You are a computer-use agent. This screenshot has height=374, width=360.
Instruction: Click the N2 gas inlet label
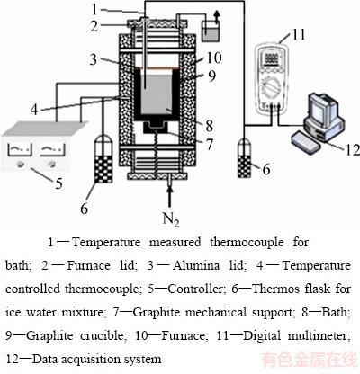pyautogui.click(x=171, y=219)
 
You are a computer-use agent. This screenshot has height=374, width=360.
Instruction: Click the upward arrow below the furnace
pyautogui.click(x=170, y=196)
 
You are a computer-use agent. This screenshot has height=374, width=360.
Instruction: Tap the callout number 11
pyautogui.click(x=298, y=34)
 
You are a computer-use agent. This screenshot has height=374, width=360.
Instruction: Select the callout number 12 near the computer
pyautogui.click(x=353, y=149)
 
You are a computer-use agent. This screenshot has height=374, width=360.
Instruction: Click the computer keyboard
pyautogui.click(x=306, y=142)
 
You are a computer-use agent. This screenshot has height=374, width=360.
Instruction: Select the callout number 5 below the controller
pyautogui.click(x=59, y=183)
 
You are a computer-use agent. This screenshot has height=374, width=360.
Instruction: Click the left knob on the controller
pyautogui.click(x=21, y=164)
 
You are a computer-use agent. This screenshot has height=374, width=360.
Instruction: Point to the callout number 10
pyautogui.click(x=214, y=58)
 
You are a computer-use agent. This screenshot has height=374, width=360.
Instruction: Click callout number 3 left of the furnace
pyautogui.click(x=94, y=59)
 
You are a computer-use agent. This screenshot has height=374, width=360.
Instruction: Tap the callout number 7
pyautogui.click(x=210, y=144)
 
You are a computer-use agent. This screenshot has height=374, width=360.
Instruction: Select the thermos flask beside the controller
pyautogui.click(x=103, y=158)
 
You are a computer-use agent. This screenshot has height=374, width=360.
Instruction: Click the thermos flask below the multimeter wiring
pyautogui.click(x=245, y=158)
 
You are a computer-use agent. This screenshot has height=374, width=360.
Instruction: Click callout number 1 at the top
pyautogui.click(x=94, y=9)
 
